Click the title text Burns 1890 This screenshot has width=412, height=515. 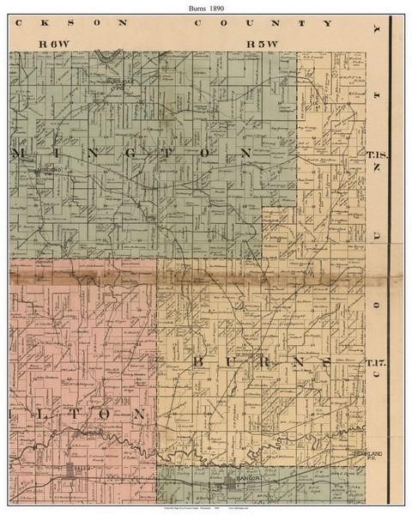click(206, 6)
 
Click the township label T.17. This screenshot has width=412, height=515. click(378, 362)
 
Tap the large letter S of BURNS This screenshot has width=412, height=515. click(324, 362)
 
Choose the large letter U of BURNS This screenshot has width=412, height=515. click(230, 362)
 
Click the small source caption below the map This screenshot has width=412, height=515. click(206, 509)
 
